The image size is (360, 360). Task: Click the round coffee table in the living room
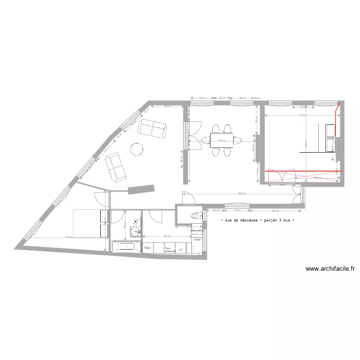(137, 149)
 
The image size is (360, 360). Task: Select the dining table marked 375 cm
(221, 141)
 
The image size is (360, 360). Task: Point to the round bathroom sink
(136, 222)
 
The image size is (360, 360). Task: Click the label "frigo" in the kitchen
(147, 248)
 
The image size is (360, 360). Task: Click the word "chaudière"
(197, 230)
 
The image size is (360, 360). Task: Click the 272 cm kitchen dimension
(166, 237)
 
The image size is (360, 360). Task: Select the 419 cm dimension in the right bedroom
(302, 116)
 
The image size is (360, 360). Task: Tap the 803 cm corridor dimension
(243, 194)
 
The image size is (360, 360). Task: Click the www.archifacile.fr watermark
(330, 269)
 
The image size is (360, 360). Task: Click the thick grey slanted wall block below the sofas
(141, 189)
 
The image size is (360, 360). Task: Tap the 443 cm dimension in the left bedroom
(69, 237)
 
